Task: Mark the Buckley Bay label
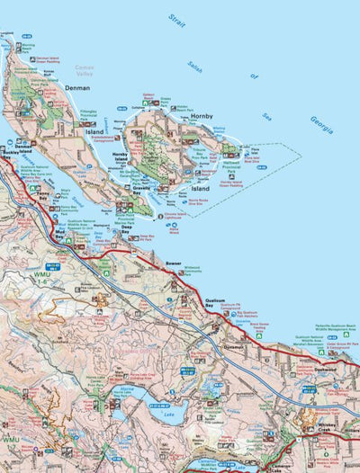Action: [x=11, y=154]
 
